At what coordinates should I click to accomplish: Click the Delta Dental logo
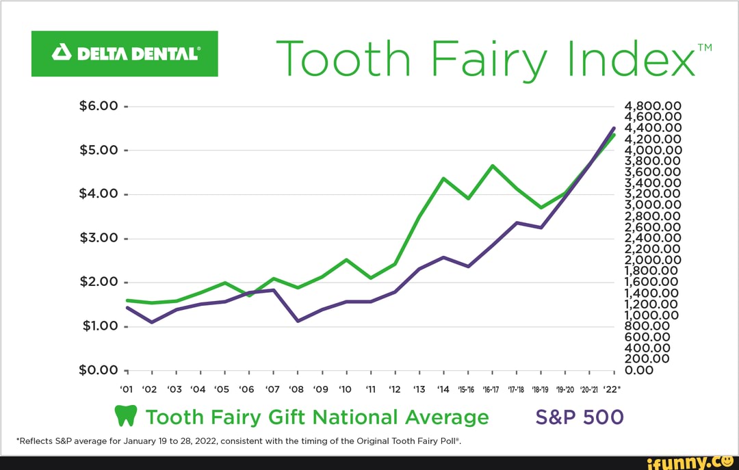(x=125, y=53)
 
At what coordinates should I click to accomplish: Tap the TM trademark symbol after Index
(x=704, y=47)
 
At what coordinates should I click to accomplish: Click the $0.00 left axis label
(x=99, y=370)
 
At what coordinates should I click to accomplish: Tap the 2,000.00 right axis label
(x=653, y=260)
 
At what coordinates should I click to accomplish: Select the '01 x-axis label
(x=127, y=390)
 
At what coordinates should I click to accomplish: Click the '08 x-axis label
(x=297, y=390)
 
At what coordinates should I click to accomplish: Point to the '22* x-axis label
(x=612, y=390)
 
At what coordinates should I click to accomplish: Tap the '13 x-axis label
(x=419, y=390)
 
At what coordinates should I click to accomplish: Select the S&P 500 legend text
(x=580, y=417)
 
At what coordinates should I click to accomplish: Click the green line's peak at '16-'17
(x=492, y=166)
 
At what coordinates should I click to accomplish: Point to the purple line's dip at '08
(x=298, y=321)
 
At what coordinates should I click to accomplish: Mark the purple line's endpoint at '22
(x=614, y=128)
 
